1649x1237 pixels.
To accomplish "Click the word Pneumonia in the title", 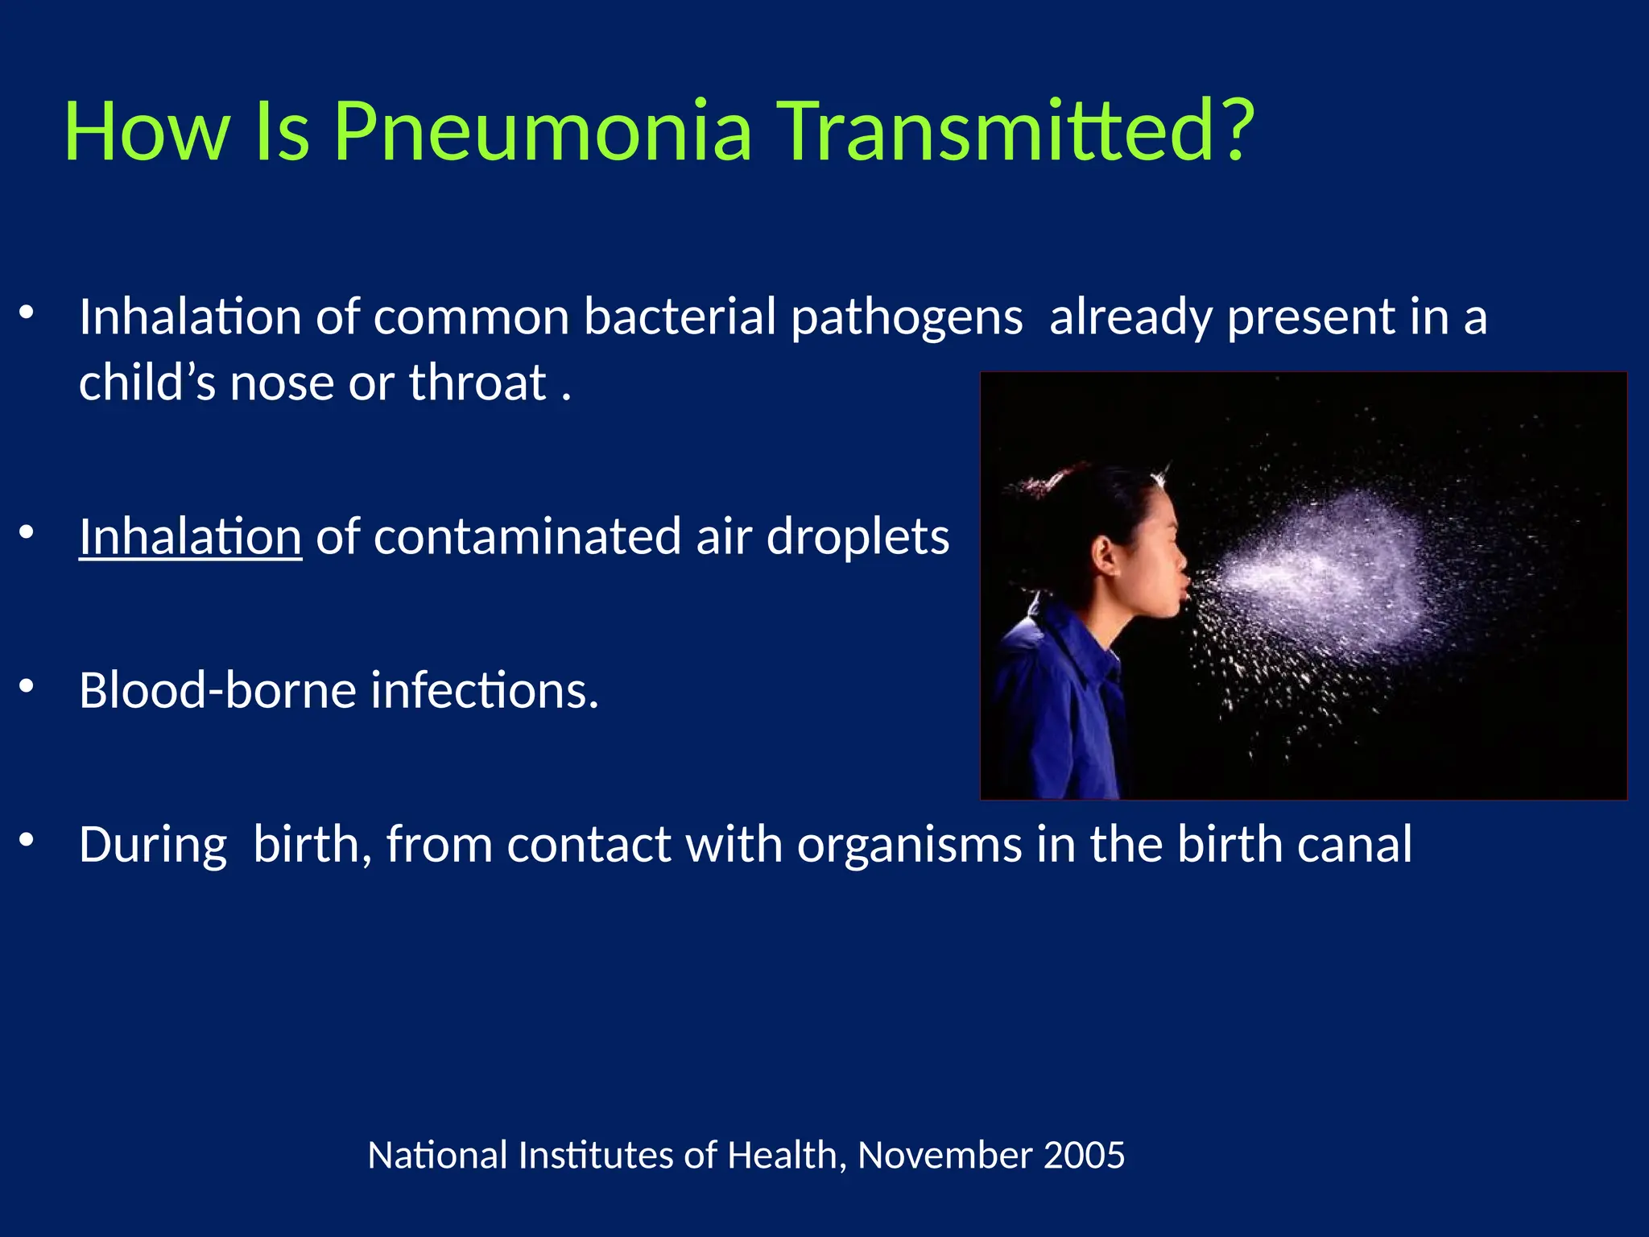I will pyautogui.click(x=543, y=130).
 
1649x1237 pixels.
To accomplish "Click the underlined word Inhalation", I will pyautogui.click(x=190, y=536).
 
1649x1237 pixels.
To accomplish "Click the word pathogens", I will pyautogui.click(x=907, y=318).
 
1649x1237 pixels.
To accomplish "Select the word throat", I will pyautogui.click(x=477, y=383).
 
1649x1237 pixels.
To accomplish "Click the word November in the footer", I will pyautogui.click(x=944, y=1156).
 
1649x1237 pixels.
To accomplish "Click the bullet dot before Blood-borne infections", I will pyautogui.click(x=27, y=686).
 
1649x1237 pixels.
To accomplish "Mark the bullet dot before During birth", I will pyautogui.click(x=27, y=840).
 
